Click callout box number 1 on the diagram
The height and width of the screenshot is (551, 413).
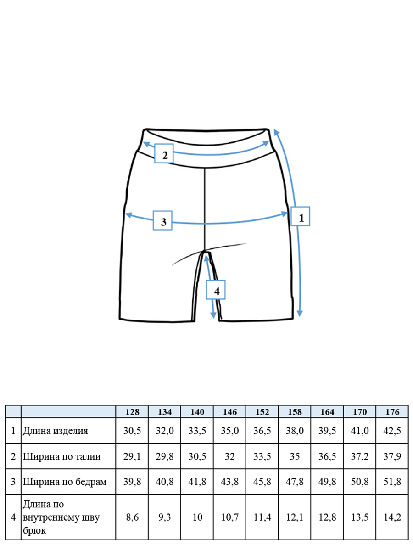300,216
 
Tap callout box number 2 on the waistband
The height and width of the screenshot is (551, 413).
164,153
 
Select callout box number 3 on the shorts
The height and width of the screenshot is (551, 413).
162,220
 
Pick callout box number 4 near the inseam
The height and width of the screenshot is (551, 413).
216,290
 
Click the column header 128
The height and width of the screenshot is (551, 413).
132,412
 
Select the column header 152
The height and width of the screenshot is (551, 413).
262,412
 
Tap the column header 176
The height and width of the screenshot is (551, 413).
392,412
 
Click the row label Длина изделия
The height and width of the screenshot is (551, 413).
56,431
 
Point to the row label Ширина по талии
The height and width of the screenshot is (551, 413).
61,456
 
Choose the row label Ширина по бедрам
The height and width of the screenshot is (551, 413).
65,482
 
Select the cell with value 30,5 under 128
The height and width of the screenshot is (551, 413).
132,431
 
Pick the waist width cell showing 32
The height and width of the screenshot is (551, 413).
230,456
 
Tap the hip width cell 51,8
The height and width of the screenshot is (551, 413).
392,482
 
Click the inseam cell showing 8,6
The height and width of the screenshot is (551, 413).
132,517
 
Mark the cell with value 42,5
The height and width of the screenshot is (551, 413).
392,431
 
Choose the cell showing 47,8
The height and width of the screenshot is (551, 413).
295,482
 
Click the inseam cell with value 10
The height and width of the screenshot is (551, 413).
197,517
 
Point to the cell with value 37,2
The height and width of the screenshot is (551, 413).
360,456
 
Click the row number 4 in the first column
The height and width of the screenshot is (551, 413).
13,517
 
